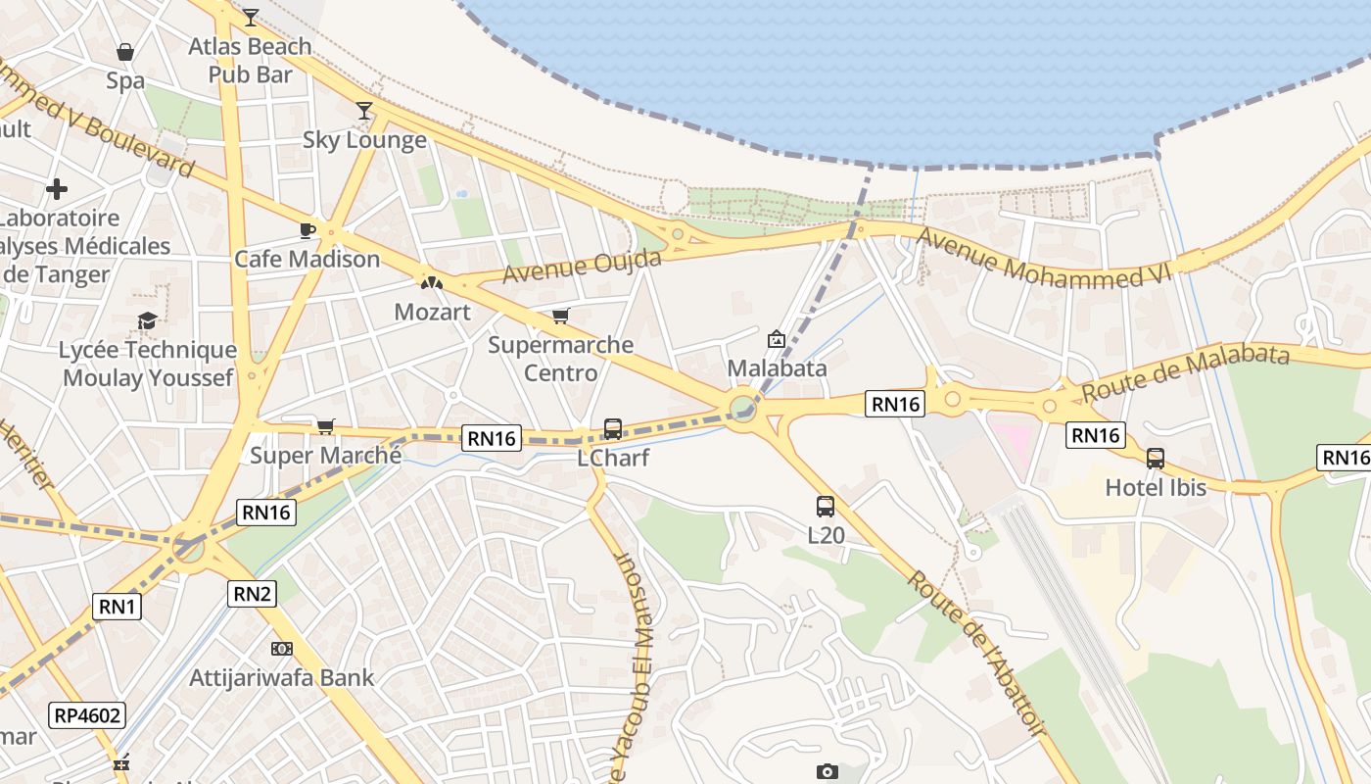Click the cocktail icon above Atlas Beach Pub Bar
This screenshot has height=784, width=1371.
tap(251, 17)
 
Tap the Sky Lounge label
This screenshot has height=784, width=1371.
tap(364, 140)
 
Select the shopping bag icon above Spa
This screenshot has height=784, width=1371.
tap(125, 51)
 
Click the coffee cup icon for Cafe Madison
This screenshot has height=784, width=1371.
tap(307, 230)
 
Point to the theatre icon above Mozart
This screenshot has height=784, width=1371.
tap(431, 282)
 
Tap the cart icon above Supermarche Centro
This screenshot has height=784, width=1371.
tap(560, 316)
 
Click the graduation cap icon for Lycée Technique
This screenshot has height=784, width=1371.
tap(147, 320)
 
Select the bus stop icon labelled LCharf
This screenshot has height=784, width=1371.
tap(613, 428)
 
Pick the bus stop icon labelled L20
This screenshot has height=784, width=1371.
tap(826, 507)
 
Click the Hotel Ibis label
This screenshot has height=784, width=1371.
tap(1156, 487)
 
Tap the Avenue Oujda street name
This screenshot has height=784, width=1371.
tap(582, 266)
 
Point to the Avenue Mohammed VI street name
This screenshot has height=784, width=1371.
tap(1044, 258)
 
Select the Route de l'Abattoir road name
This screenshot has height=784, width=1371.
tap(975, 652)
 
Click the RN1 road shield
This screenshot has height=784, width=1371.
tap(118, 607)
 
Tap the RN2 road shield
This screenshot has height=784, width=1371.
tap(253, 593)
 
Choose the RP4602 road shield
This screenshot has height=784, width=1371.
tap(88, 715)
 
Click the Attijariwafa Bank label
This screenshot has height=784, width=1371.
tap(282, 677)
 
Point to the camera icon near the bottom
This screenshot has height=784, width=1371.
tap(827, 772)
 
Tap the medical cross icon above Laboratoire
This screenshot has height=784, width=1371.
tap(57, 188)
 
